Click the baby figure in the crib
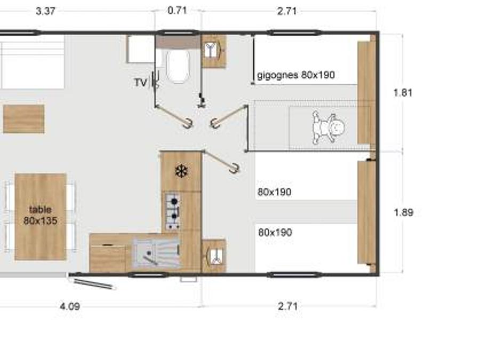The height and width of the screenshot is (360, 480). [x=329, y=127]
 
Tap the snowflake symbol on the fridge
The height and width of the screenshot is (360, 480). [x=181, y=171]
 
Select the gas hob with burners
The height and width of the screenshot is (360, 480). [x=173, y=211]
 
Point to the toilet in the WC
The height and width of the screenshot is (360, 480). [x=178, y=66]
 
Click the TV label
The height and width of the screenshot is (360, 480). [x=140, y=83]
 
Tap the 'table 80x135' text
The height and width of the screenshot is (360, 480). [x=41, y=215]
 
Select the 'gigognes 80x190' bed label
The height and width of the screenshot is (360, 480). [x=295, y=75]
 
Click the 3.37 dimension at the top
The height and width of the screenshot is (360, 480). [x=46, y=11]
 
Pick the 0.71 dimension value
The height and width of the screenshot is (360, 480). [x=177, y=11]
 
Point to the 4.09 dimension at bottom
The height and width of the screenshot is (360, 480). [x=70, y=306]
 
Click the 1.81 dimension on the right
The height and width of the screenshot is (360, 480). [x=403, y=93]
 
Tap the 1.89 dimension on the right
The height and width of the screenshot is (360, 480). [x=404, y=212]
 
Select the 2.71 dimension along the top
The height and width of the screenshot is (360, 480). [x=287, y=11]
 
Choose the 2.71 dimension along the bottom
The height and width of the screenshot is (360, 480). [x=288, y=306]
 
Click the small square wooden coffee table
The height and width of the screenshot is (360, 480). [x=24, y=119]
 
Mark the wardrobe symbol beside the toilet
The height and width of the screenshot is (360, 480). [x=214, y=51]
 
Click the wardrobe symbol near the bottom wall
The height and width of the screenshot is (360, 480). [x=214, y=255]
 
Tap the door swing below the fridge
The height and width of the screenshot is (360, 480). [x=221, y=161]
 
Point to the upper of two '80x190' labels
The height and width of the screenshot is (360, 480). [x=274, y=192]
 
